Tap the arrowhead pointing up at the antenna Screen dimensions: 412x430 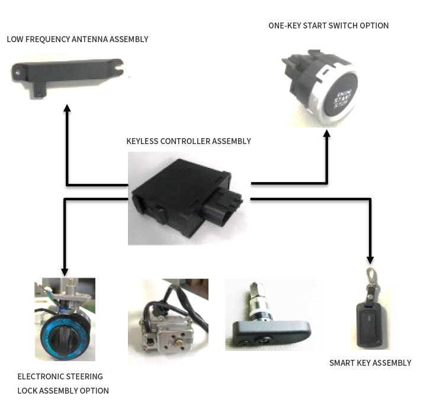point(67,108)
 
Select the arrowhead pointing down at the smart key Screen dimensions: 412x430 point(371,259)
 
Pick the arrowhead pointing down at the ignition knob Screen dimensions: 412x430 point(65,272)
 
